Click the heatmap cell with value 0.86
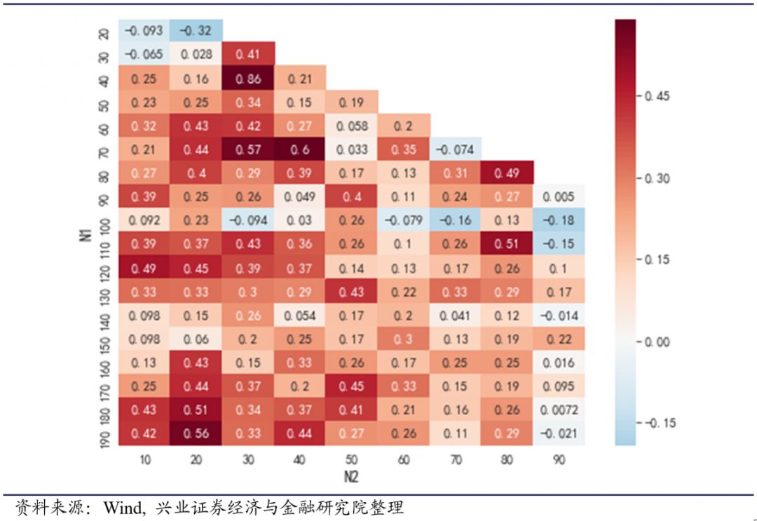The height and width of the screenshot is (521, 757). click(248, 79)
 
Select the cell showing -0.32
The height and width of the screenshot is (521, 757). click(196, 31)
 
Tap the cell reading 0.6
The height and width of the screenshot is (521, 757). click(300, 149)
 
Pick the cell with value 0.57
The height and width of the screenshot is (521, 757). click(248, 149)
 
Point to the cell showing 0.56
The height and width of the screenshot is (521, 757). click(196, 433)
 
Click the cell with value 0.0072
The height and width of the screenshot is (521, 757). click(559, 410)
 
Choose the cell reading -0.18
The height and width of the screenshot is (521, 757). click(559, 220)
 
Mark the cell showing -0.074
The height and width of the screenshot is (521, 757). click(456, 149)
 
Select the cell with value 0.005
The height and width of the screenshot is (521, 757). click(559, 197)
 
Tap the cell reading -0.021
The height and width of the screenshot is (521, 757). click(559, 433)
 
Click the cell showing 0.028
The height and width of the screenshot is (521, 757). click(196, 55)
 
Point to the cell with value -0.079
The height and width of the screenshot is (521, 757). click(404, 220)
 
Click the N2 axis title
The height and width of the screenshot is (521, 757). click(352, 476)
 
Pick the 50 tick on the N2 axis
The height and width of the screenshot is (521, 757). click(352, 460)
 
